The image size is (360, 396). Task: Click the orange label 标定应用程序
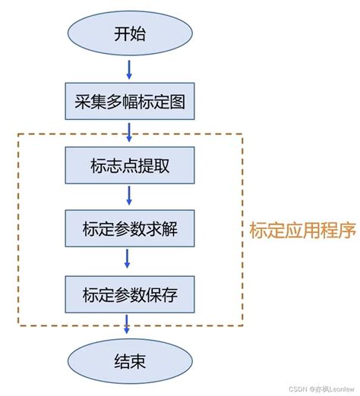coord(302,230)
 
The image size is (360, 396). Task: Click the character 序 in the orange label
coord(348,230)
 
